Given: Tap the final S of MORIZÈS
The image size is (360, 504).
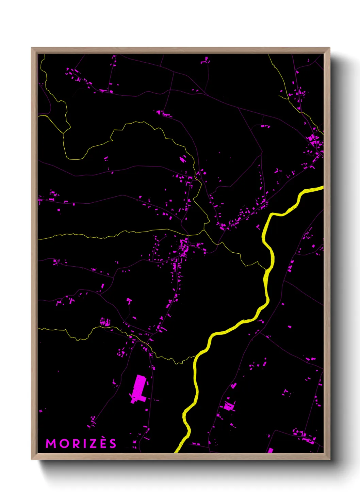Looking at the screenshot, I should coord(113,444).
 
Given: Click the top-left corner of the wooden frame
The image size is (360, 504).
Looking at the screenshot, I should coord(32,48).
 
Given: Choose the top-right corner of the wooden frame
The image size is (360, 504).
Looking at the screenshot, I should coord(329,48).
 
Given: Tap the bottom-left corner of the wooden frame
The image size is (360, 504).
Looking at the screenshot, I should coord(32,459).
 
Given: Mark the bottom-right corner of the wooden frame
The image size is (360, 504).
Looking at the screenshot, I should coord(329,459).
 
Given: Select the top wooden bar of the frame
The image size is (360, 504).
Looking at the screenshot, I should coord(180,50).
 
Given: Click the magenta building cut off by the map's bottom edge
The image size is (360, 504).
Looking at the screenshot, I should coord(271,451).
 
